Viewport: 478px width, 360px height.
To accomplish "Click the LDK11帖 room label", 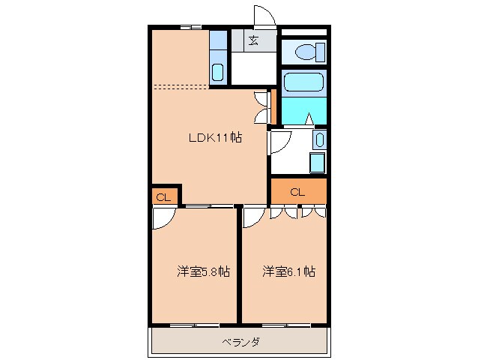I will (x=214, y=137).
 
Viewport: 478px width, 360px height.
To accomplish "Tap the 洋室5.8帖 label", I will (x=203, y=271).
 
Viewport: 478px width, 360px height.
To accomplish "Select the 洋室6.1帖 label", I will (x=288, y=271).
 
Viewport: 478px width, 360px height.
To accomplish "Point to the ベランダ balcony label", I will (x=240, y=343).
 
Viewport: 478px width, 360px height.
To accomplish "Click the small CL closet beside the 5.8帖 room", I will (x=163, y=196).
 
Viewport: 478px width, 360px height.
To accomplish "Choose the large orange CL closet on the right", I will (x=297, y=192).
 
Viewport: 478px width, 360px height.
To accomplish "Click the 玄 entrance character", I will (x=254, y=41).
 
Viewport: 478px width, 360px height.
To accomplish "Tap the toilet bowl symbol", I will (x=308, y=52).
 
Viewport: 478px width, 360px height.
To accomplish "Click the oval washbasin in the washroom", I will (x=319, y=139).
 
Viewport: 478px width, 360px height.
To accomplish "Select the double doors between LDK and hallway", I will (x=261, y=106).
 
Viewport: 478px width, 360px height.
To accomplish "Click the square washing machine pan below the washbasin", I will (x=317, y=162).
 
